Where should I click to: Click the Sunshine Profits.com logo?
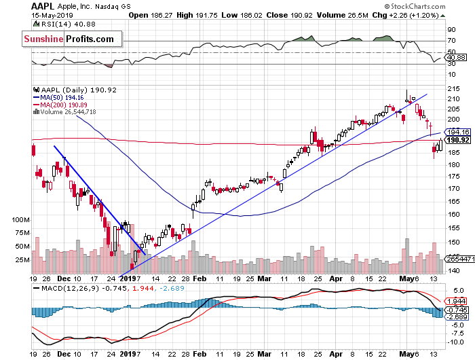69,39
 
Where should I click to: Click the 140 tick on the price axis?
451,270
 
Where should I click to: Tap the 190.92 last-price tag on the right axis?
453,139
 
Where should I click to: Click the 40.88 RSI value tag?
455,58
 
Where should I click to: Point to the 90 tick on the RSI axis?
449,30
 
